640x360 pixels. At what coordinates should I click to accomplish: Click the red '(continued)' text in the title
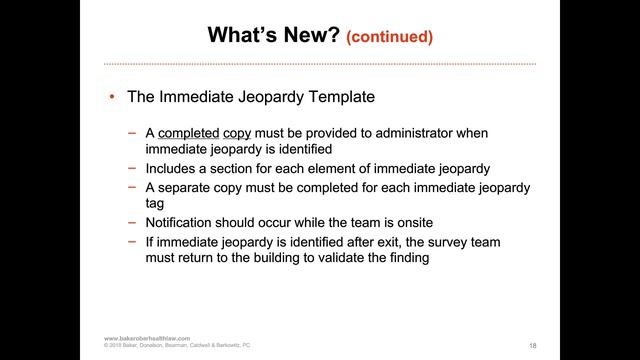(389, 37)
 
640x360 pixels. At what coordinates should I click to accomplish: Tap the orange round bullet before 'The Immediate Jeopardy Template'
(113, 98)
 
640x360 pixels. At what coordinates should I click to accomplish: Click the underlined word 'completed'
(188, 132)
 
